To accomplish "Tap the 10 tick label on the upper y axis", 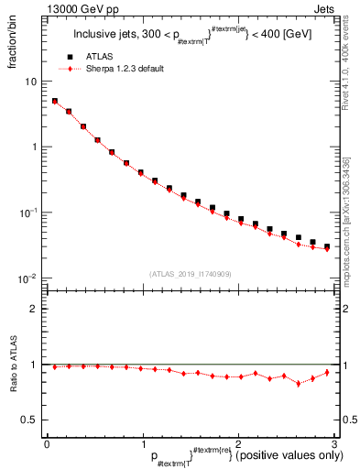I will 31,82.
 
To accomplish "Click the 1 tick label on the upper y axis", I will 34,147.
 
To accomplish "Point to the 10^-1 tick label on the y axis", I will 29,212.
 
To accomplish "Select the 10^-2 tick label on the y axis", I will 29,278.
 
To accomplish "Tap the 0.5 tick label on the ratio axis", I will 29,420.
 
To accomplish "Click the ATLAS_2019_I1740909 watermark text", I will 191,274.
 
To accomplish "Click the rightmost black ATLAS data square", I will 327,246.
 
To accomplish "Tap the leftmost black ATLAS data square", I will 55,102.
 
